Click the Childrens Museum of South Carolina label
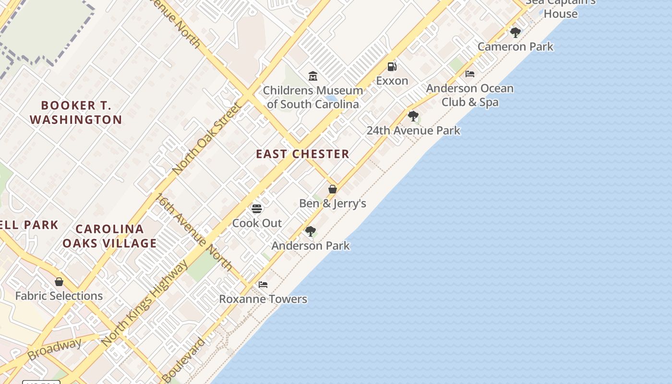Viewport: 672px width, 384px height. (x=312, y=97)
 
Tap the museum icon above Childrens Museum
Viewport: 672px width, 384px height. (x=313, y=76)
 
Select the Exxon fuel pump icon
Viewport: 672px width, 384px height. (x=392, y=66)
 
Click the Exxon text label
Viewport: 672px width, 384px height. (x=392, y=81)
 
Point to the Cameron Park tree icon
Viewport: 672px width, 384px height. (x=516, y=33)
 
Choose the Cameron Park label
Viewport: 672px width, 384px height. (x=516, y=47)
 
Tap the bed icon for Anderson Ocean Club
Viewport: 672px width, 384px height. (x=470, y=74)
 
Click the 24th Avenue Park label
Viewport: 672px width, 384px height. (x=413, y=130)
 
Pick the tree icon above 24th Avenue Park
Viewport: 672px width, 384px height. (x=413, y=116)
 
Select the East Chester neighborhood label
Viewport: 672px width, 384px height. (x=302, y=154)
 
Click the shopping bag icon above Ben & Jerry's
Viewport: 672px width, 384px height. (x=332, y=189)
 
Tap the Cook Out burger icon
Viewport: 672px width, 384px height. (x=257, y=209)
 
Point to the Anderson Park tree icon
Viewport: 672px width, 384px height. (x=311, y=231)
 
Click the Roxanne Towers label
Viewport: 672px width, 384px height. (x=263, y=299)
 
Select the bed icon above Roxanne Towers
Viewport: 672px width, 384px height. (x=263, y=285)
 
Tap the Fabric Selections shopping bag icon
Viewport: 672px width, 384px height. (x=59, y=282)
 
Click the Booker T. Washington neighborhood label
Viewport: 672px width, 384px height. (x=76, y=112)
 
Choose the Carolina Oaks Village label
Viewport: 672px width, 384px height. (x=109, y=236)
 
